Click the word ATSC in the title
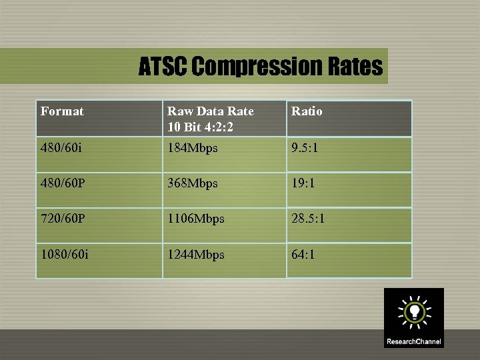click(x=163, y=67)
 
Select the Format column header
click(x=62, y=111)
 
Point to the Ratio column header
click(x=306, y=111)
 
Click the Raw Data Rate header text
click(x=210, y=111)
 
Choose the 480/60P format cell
click(x=63, y=183)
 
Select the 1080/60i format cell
click(x=65, y=255)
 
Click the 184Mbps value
click(x=192, y=148)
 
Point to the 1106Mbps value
click(x=195, y=219)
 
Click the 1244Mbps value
click(x=195, y=255)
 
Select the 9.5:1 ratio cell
click(x=305, y=148)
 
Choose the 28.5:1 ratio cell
click(x=307, y=219)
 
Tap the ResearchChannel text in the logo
click(x=413, y=342)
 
